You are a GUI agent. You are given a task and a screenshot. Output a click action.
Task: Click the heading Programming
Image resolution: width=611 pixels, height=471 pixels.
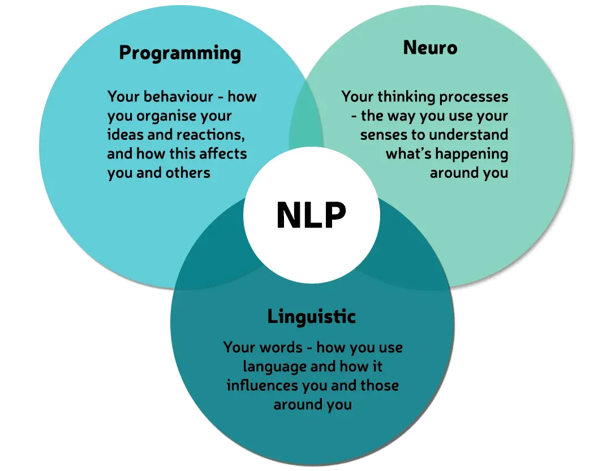coord(180,53)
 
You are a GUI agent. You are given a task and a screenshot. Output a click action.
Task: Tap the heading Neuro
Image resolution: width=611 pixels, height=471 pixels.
coord(430,48)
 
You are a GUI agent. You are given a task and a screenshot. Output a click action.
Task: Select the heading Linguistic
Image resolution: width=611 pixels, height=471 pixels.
coord(311,316)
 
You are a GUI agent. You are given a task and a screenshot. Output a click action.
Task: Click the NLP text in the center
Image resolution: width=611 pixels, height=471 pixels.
coord(311,215)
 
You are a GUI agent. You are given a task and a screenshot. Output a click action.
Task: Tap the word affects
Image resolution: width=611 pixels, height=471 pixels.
coord(223,153)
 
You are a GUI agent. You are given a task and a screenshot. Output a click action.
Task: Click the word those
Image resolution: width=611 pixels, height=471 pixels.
coord(379,386)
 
